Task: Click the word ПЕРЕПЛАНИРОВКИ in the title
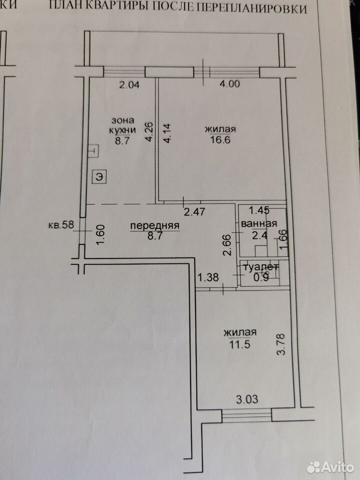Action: (x=251, y=8)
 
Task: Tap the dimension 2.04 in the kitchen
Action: (x=129, y=84)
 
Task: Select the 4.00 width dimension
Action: (x=229, y=83)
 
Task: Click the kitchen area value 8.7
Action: (x=122, y=141)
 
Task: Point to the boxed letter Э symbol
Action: (x=99, y=176)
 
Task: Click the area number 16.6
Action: (x=220, y=140)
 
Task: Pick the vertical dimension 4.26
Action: (x=149, y=132)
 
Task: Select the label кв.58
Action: (x=61, y=225)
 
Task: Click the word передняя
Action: (x=155, y=226)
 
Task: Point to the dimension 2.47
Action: (x=194, y=211)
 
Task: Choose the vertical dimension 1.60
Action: (x=101, y=234)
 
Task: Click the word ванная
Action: (x=259, y=224)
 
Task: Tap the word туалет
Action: (x=260, y=267)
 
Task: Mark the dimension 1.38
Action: (x=208, y=277)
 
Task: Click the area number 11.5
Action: (x=239, y=344)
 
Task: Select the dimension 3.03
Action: (x=247, y=399)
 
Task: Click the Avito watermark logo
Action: (x=330, y=467)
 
